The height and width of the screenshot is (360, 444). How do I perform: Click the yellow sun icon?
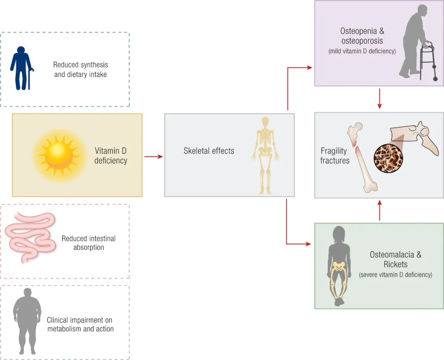[59, 154]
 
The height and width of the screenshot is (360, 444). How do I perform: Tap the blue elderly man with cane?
[22, 68]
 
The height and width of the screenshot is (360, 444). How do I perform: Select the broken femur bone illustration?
[362, 158]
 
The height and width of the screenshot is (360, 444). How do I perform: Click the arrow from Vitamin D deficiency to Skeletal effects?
[153, 156]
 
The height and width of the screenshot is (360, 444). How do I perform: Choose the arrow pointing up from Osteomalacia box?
[379, 211]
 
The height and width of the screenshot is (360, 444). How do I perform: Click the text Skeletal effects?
[209, 151]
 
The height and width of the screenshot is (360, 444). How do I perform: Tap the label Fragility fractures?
[335, 156]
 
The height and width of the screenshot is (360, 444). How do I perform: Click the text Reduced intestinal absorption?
[88, 243]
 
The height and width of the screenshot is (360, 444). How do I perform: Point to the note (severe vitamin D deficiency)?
[395, 274]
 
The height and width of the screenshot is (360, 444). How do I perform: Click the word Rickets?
[395, 264]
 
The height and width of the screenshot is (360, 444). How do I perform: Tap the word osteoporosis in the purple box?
[362, 41]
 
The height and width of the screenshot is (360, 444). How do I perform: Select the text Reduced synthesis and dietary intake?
[81, 70]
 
